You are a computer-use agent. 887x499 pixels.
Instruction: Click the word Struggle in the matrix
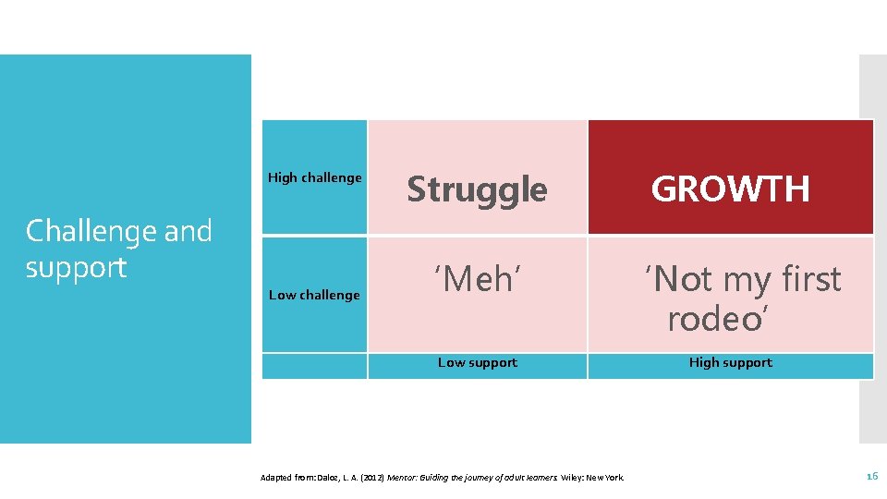477,189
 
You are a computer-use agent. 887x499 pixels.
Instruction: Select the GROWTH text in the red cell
730,189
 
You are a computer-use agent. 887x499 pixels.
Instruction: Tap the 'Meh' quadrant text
478,278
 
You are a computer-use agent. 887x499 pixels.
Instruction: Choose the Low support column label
478,363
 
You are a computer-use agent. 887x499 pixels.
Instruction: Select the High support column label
730,362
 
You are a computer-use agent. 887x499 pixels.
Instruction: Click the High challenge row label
314,177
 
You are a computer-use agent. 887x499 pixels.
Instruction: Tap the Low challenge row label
314,295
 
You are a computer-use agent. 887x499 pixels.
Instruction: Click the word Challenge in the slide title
81,231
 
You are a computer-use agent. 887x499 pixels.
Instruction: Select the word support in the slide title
76,267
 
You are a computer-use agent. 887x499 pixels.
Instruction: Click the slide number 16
871,476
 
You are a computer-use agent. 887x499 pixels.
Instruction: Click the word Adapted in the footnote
276,478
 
